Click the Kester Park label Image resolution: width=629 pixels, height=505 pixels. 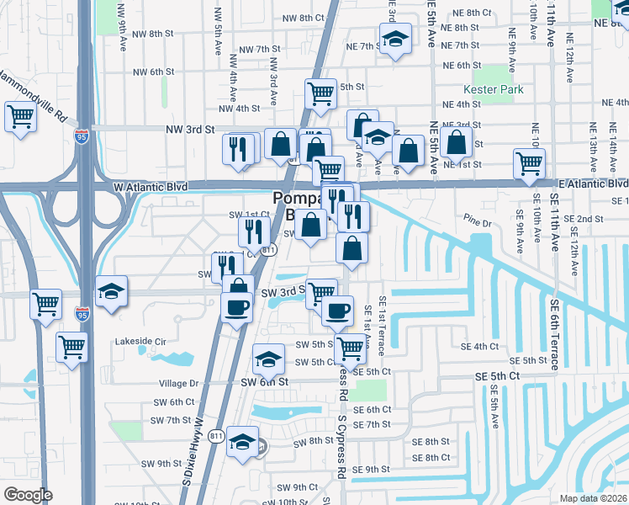(x=494, y=89)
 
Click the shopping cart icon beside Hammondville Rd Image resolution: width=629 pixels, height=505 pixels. (x=19, y=117)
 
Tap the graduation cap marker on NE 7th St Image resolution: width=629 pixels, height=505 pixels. (x=394, y=39)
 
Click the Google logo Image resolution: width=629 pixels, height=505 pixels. (x=28, y=495)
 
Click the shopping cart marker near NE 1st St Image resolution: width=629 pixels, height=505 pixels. (x=528, y=164)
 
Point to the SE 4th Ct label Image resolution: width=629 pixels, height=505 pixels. (x=479, y=347)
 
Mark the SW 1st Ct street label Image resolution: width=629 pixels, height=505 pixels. (x=249, y=215)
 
